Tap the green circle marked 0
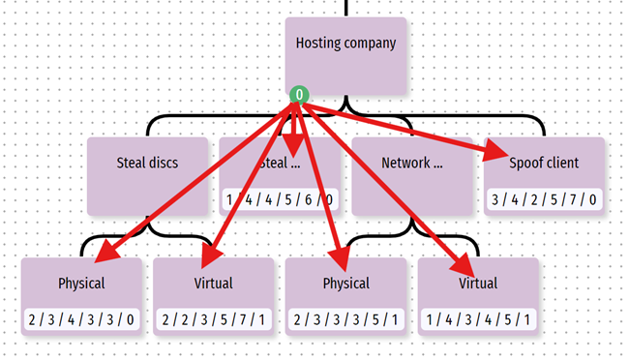point(300,95)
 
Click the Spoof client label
point(544,163)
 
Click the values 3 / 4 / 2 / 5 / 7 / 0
point(544,200)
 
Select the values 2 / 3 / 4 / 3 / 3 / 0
point(81,320)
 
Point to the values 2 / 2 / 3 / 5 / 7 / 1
point(214,320)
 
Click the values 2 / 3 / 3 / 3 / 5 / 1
point(345,320)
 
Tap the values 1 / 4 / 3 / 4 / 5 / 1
point(477,320)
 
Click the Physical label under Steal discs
point(81,284)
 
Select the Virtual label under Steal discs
point(214,284)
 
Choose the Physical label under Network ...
point(345,284)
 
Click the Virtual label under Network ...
point(478,284)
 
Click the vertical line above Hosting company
point(345,7)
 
